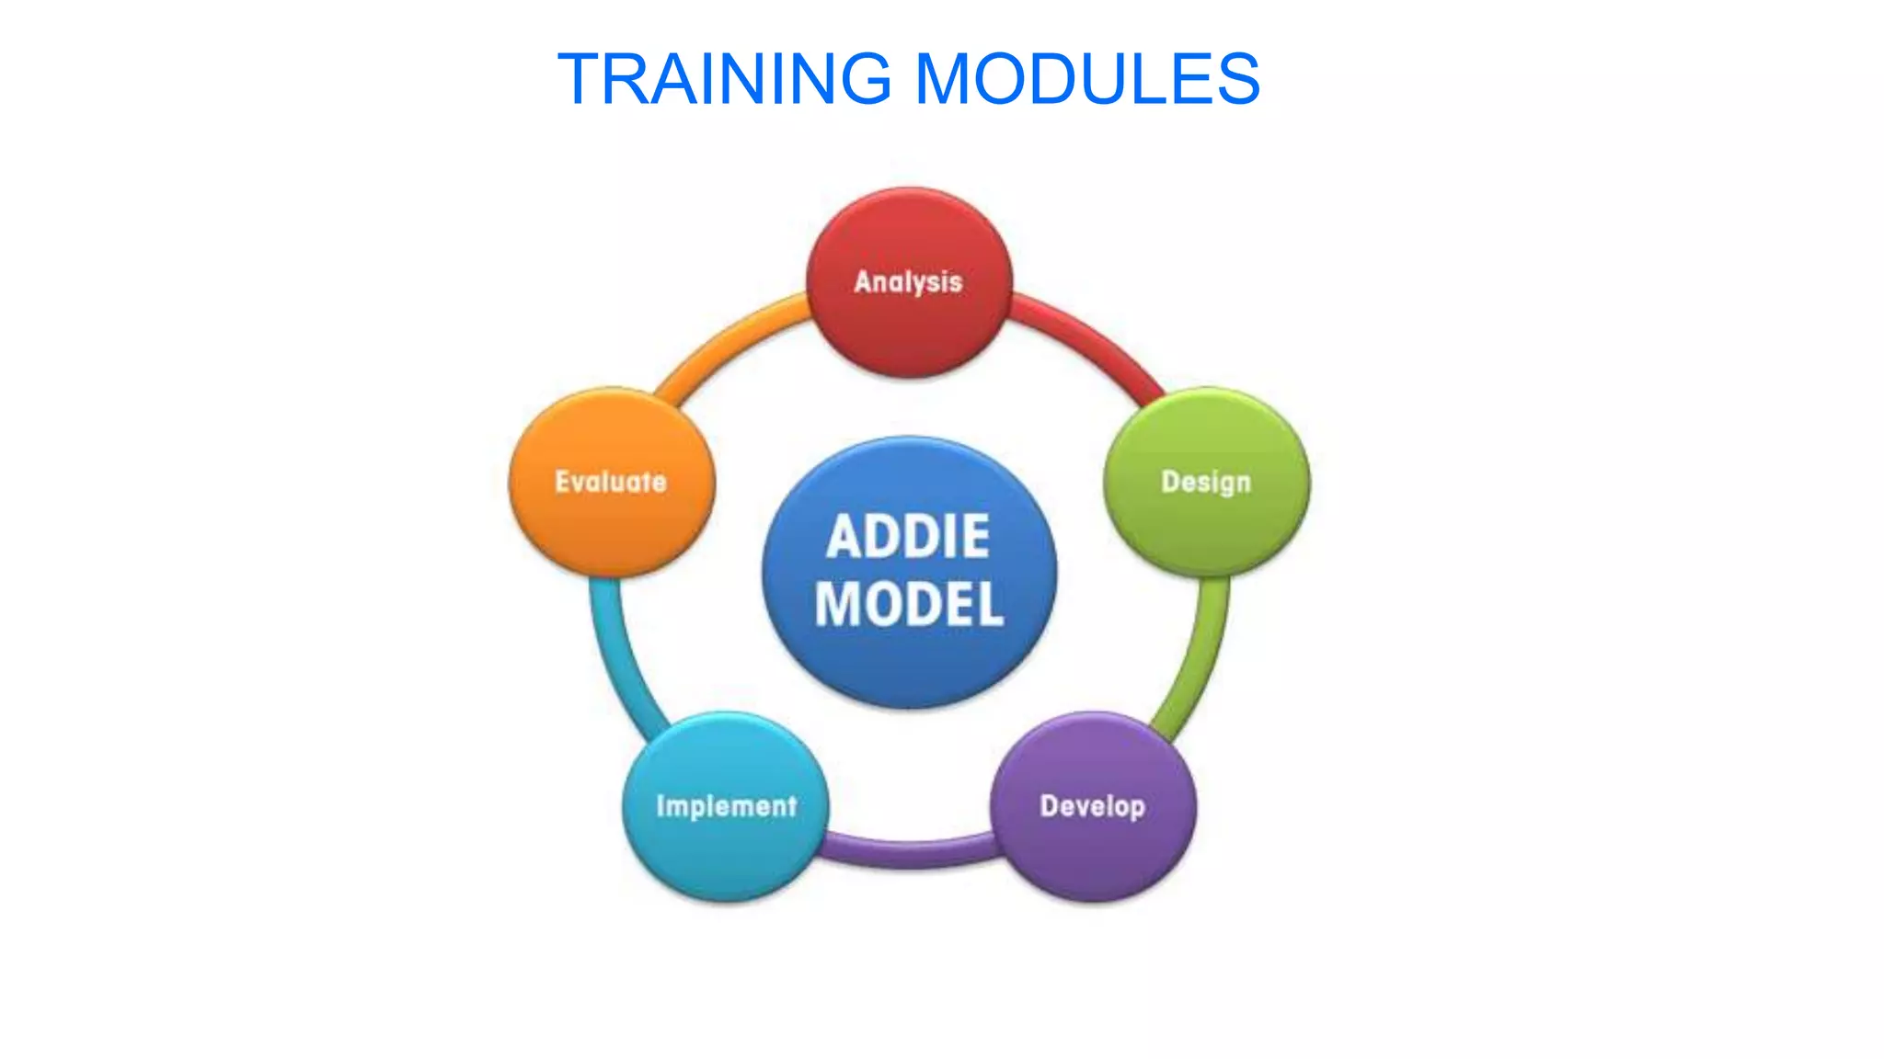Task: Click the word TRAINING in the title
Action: click(725, 79)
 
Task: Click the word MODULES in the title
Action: click(1087, 79)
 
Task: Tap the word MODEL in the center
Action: click(909, 605)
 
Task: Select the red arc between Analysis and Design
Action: click(1090, 340)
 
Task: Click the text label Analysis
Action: click(908, 281)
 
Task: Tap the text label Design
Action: click(1206, 482)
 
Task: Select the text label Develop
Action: click(1092, 806)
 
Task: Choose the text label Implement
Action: click(726, 806)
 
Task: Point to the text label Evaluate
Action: click(611, 482)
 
